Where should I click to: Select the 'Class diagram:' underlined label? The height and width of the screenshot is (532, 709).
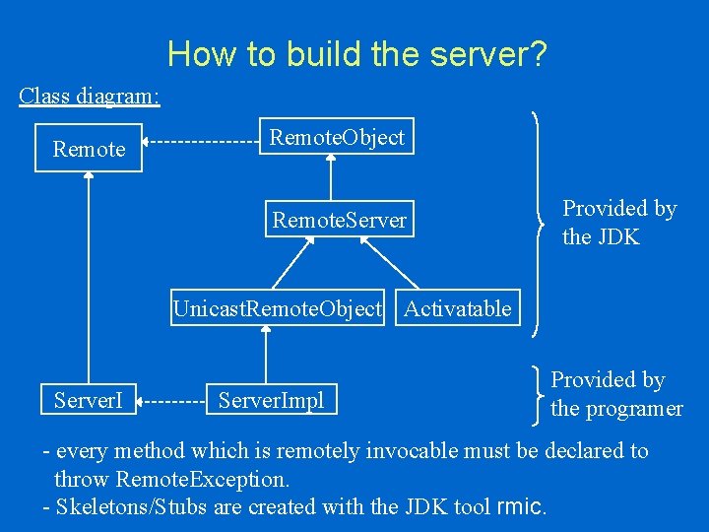90,96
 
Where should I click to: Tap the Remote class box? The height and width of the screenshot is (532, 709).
89,149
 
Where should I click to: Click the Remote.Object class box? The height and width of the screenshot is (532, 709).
337,137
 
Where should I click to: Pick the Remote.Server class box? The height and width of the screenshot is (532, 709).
339,220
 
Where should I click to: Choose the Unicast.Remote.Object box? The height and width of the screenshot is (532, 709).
277,308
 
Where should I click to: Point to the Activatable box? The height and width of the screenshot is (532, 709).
457,308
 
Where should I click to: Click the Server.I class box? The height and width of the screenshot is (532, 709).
89,400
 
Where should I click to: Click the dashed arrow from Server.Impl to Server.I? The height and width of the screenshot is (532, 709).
173,401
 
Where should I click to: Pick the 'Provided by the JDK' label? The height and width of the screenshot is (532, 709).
618,223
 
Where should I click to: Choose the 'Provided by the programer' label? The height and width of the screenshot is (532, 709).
616,394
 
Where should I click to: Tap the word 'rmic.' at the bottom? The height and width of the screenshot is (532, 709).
523,506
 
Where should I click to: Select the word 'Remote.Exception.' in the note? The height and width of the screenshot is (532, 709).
202,479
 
